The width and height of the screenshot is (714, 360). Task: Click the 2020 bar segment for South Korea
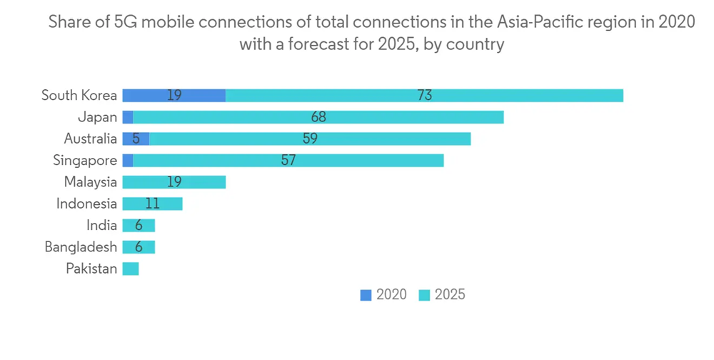pyautogui.click(x=174, y=96)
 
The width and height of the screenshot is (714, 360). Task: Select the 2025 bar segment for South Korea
pyautogui.click(x=424, y=96)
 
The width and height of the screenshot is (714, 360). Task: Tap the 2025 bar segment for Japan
pyautogui.click(x=318, y=117)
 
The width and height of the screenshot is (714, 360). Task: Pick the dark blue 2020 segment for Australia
pyautogui.click(x=136, y=139)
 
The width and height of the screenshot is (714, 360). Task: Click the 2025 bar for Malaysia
pyautogui.click(x=174, y=182)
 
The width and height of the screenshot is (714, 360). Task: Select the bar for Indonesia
pyautogui.click(x=152, y=204)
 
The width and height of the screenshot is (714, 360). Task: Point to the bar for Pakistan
pyautogui.click(x=130, y=269)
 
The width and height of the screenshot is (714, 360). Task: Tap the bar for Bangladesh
pyautogui.click(x=139, y=247)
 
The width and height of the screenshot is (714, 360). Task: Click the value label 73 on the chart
pyautogui.click(x=425, y=96)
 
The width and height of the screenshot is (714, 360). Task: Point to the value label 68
pyautogui.click(x=318, y=117)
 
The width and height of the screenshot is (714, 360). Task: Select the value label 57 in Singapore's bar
pyautogui.click(x=288, y=160)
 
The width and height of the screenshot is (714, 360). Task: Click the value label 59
pyautogui.click(x=310, y=139)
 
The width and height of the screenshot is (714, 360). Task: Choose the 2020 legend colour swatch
pyautogui.click(x=366, y=295)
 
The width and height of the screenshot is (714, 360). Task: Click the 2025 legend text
pyautogui.click(x=450, y=295)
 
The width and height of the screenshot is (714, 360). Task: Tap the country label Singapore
pyautogui.click(x=85, y=160)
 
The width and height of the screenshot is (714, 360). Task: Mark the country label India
pyautogui.click(x=101, y=225)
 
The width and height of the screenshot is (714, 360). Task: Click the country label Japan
pyautogui.click(x=97, y=117)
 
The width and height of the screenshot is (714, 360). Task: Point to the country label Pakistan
pyautogui.click(x=91, y=269)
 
